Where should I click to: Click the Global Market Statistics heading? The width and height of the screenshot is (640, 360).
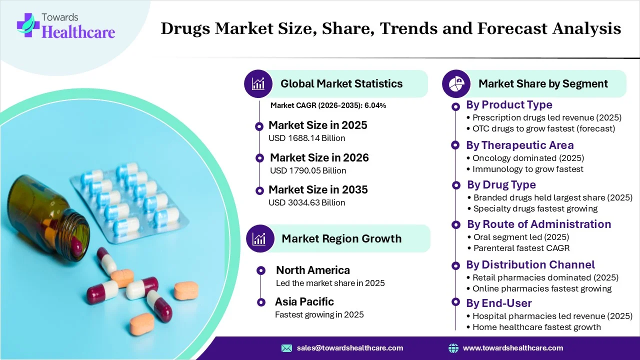click(341, 83)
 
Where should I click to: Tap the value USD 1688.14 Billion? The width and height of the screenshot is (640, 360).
click(306, 138)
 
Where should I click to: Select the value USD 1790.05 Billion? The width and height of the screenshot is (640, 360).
click(308, 170)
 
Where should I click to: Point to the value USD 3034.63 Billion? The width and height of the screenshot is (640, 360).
click(306, 202)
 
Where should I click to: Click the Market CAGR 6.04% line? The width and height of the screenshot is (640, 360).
click(328, 105)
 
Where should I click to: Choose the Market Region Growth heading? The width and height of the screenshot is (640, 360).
click(341, 238)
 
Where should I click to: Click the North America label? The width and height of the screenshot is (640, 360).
click(313, 270)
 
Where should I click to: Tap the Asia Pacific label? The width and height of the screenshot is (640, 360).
click(304, 301)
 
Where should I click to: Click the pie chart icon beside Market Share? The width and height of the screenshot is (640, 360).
click(456, 83)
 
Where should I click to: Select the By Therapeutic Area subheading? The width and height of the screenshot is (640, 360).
click(519, 145)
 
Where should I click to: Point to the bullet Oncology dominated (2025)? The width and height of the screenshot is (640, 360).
click(528, 157)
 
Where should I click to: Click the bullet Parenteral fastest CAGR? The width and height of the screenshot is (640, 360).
click(521, 248)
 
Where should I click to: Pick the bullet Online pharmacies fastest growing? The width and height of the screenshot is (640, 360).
click(542, 288)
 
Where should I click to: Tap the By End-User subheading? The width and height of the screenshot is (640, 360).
click(498, 303)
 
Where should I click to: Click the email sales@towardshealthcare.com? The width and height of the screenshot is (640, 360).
click(350, 348)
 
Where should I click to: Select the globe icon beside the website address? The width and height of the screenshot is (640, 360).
click(453, 348)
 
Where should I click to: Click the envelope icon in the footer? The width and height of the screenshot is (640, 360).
click(286, 348)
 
